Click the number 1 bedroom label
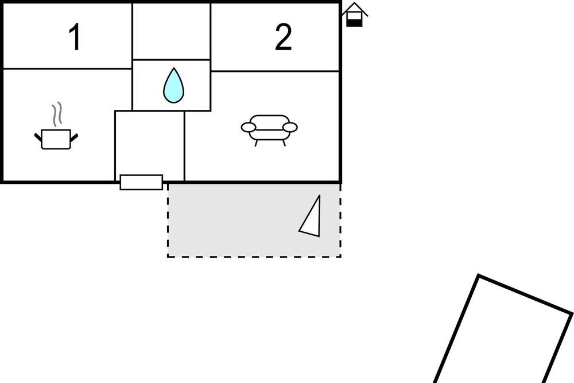click(x=74, y=38)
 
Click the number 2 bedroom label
click(x=283, y=38)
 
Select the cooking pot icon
click(x=56, y=139)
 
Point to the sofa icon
click(x=269, y=129)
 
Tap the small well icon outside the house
click(x=355, y=15)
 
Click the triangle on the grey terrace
click(x=311, y=217)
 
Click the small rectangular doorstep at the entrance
click(x=141, y=182)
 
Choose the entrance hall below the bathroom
click(x=149, y=144)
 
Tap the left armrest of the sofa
click(x=249, y=127)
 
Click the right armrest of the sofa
click(x=290, y=127)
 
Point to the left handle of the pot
click(x=38, y=137)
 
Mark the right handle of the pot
click(x=73, y=137)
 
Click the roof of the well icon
click(x=355, y=8)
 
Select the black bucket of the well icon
click(x=355, y=22)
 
